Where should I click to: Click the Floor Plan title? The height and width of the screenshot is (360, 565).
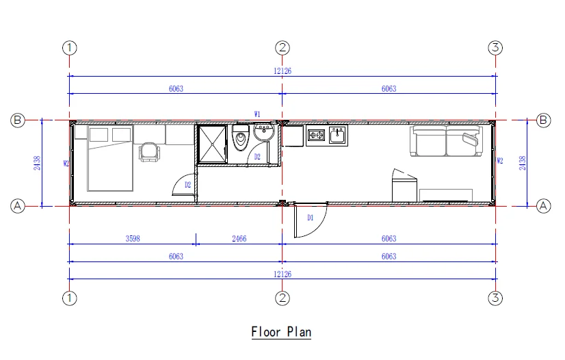(x=281, y=333)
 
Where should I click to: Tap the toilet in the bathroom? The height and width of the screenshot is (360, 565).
(x=241, y=140)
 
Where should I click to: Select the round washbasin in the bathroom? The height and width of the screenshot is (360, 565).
(x=263, y=131)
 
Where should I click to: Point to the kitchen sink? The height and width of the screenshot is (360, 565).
(x=337, y=135)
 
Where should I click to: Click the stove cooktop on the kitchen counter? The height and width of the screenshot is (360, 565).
(x=316, y=135)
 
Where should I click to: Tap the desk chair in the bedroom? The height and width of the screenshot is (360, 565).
(x=148, y=151)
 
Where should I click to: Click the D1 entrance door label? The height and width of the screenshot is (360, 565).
(x=309, y=218)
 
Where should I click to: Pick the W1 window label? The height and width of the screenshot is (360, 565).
(x=257, y=114)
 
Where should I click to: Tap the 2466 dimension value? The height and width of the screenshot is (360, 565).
(x=239, y=238)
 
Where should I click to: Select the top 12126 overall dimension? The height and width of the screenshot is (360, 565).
(x=282, y=71)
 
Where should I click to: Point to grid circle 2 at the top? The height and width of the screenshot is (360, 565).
(x=282, y=48)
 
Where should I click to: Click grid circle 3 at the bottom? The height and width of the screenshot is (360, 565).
(x=496, y=298)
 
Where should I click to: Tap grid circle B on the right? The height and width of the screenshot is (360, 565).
(x=544, y=120)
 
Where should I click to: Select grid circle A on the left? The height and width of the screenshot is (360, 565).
(x=18, y=205)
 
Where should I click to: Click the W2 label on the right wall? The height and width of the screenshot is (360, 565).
(x=500, y=162)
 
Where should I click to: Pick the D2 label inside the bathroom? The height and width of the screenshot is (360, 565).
(x=257, y=157)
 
